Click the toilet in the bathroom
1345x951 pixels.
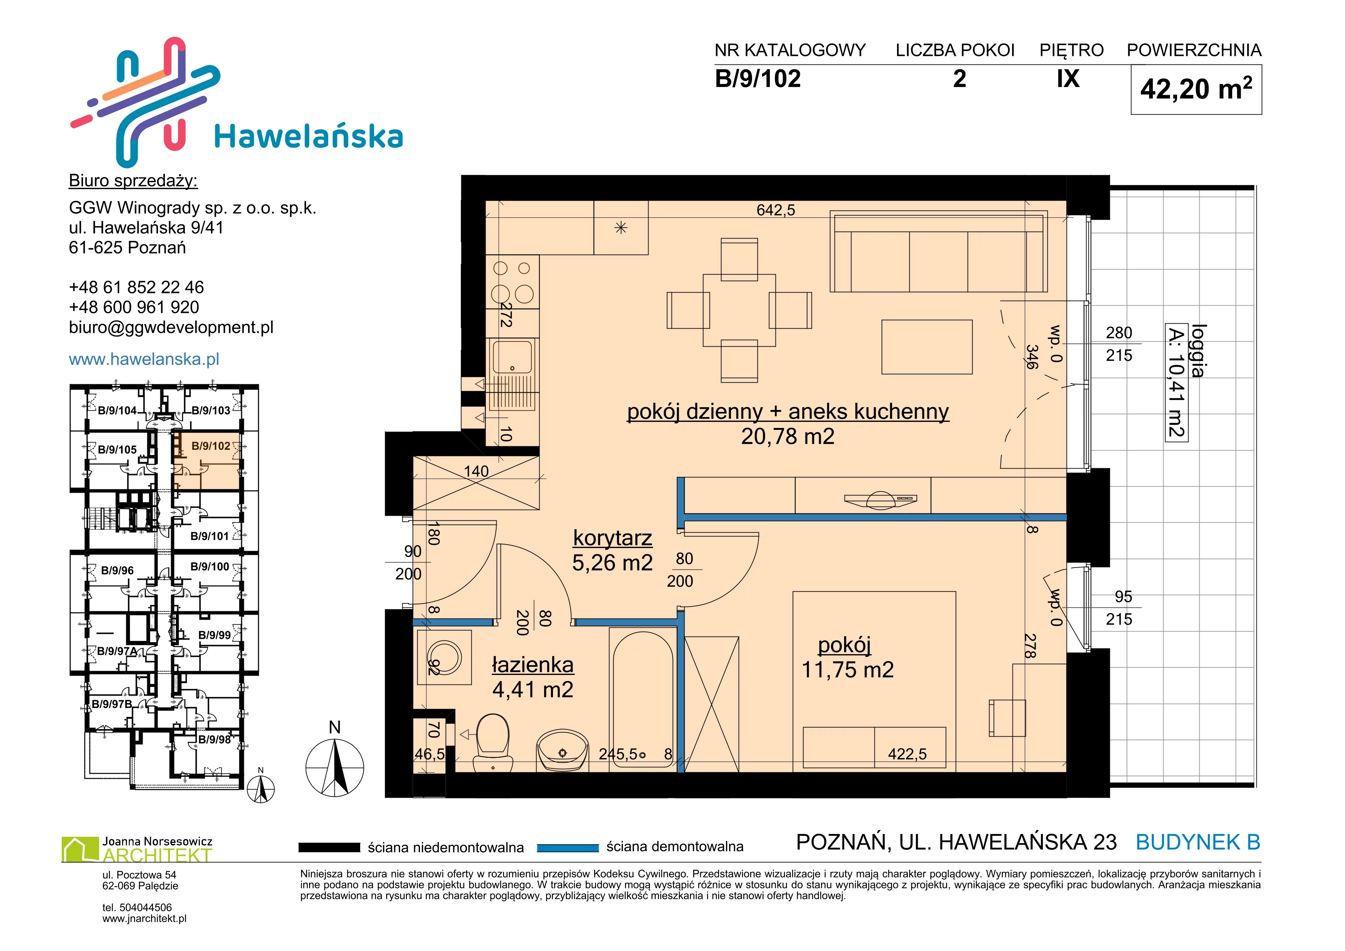[493, 742]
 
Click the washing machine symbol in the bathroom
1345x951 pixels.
[444, 657]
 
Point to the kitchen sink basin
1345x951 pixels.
[513, 357]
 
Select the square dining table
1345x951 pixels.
[739, 310]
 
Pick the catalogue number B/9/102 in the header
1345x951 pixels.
[757, 79]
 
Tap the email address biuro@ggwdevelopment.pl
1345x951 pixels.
[171, 327]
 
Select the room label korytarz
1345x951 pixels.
[612, 538]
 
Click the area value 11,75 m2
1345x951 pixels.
[847, 669]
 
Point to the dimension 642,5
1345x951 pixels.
[775, 210]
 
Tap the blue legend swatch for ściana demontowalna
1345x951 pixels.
[568, 847]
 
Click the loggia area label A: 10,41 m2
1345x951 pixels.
[1176, 382]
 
